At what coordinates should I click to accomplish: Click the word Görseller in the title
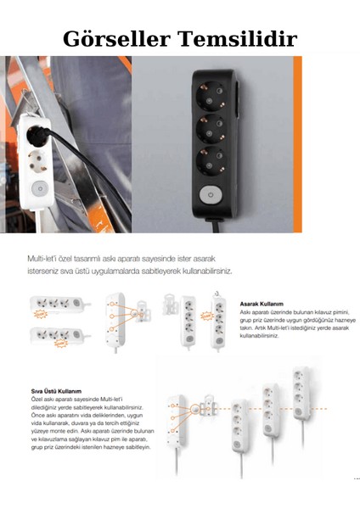pos(115,39)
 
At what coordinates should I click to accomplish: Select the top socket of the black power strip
pos(211,88)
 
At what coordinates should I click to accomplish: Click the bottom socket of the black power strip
pos(211,161)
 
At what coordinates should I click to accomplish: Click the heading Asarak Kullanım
pos(260,303)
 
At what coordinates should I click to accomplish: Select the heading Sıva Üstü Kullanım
pos(56,391)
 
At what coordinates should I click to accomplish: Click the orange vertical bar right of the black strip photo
pos(297,144)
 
